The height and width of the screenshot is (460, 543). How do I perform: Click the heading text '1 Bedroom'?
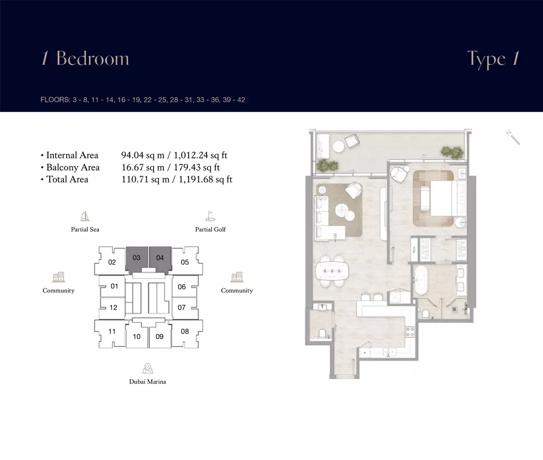click(85, 58)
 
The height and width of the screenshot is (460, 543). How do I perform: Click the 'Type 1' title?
click(493, 59)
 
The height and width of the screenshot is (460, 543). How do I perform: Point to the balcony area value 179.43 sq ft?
click(196, 167)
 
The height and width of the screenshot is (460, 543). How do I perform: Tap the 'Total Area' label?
click(67, 179)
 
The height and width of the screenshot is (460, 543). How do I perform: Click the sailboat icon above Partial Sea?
click(85, 216)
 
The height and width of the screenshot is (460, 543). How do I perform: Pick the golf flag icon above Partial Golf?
click(210, 216)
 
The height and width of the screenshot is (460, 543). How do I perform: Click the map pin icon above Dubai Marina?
click(148, 368)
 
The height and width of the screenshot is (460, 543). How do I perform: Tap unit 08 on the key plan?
click(185, 333)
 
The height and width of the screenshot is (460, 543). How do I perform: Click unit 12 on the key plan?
click(112, 308)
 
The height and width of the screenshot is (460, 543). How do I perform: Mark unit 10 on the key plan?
click(137, 336)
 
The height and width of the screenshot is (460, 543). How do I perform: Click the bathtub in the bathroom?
click(421, 280)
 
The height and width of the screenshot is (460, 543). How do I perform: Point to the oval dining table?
click(332, 271)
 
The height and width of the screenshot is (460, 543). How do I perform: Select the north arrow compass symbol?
click(513, 138)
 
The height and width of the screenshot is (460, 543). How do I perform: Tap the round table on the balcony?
click(338, 146)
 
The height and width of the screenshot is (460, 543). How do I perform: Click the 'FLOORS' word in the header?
click(55, 100)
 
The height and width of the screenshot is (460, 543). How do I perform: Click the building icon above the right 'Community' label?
click(237, 277)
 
